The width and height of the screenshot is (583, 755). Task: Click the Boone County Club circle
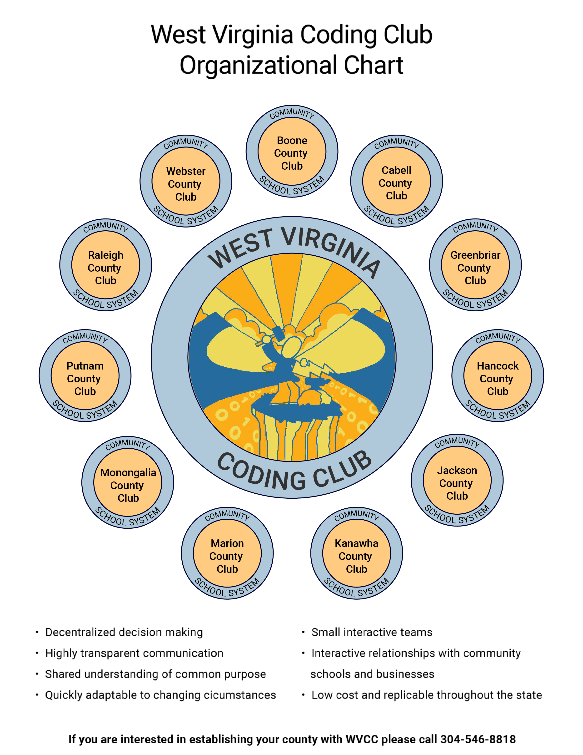point(292,152)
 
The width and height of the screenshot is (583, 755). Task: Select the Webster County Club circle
point(186,181)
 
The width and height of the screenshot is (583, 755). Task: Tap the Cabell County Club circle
point(397,181)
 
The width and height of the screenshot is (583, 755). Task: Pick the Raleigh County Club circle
point(106,265)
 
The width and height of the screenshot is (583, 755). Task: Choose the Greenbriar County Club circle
point(475,265)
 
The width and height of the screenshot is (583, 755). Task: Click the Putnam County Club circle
point(85,376)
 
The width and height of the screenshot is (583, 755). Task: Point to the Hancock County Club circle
point(498,376)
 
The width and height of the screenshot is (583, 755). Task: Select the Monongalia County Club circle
point(128,483)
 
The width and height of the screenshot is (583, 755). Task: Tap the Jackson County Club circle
point(457,481)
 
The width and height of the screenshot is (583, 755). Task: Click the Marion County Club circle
point(227,553)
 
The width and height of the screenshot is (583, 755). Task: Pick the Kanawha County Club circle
point(356,553)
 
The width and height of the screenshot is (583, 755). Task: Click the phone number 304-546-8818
point(478,739)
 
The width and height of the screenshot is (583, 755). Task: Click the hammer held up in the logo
point(278,333)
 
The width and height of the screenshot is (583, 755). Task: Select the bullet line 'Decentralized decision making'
point(124,632)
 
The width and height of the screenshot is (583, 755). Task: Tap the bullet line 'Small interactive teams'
point(372,632)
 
